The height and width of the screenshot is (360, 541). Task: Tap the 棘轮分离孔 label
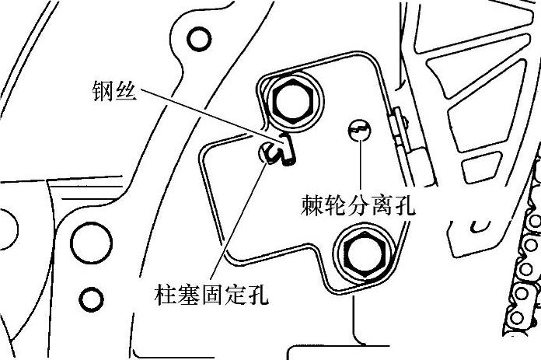tap(358, 206)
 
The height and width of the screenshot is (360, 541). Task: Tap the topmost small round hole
tap(200, 37)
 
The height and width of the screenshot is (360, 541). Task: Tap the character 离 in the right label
tap(381, 206)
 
